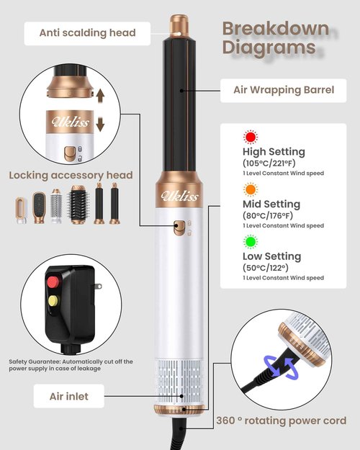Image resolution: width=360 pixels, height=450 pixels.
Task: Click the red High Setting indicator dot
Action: pos(251,138)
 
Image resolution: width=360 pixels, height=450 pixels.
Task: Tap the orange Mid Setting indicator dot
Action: pos(251,189)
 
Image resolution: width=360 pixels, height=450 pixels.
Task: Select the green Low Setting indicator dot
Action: pos(251,242)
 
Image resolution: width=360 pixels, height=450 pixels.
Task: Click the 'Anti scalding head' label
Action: pos(87,33)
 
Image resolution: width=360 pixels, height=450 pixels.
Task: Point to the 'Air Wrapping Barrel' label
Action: pos(284,91)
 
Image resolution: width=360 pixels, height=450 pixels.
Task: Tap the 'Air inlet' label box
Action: pos(69,396)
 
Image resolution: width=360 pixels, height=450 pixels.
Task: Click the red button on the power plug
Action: pos(53,282)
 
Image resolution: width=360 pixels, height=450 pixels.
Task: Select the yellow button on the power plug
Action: pos(53,301)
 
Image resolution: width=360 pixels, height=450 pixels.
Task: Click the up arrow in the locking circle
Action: pos(100,96)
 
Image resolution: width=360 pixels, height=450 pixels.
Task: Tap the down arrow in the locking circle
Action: pos(100,125)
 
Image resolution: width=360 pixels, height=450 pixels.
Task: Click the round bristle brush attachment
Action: pos(78,204)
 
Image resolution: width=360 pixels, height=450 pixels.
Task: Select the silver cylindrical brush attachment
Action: pos(56,206)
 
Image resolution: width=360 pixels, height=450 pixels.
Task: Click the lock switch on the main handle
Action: pos(179,228)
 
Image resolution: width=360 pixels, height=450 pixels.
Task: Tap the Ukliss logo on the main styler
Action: pos(179,196)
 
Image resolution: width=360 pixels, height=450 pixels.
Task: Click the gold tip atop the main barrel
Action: pos(179,26)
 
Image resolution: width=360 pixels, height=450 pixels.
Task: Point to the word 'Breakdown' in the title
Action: pos(276,29)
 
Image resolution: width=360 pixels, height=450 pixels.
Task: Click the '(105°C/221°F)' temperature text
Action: pos(269,163)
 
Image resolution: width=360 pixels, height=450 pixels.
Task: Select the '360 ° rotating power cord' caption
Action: pos(282,420)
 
